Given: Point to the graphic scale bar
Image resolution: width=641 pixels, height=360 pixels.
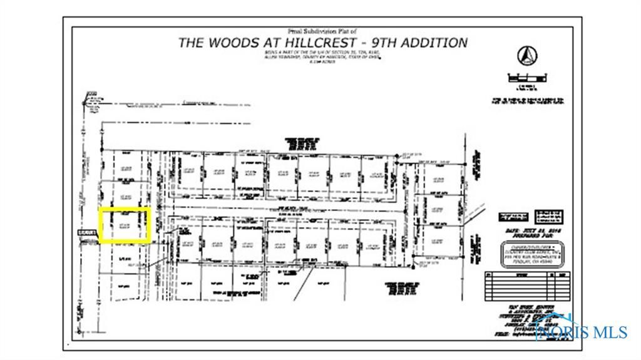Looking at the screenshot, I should (527, 79).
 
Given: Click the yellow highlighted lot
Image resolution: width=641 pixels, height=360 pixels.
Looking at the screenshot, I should (126, 225).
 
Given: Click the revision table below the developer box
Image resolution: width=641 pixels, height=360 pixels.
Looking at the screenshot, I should (527, 287).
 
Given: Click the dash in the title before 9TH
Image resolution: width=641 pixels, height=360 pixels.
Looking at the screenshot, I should (368, 43).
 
